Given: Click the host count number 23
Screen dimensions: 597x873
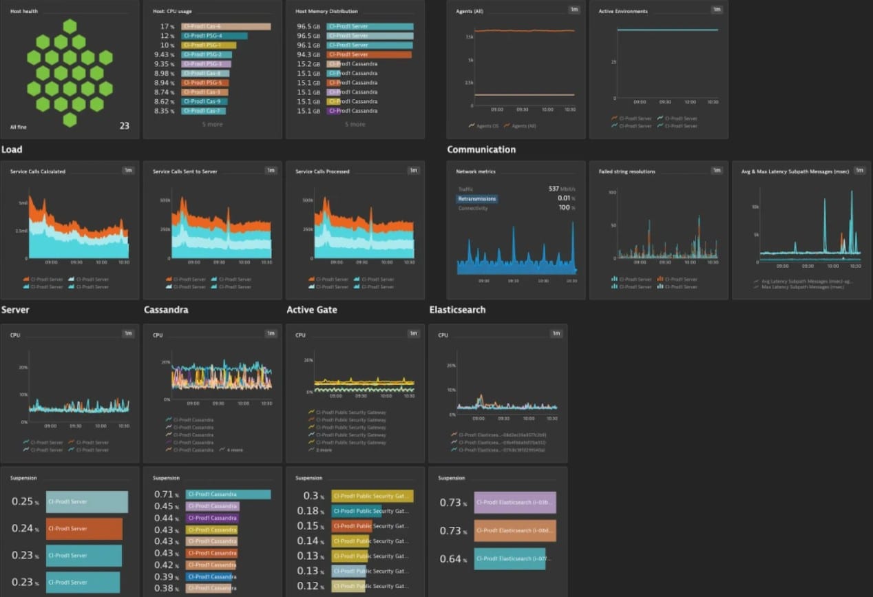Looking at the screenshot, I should [124, 126].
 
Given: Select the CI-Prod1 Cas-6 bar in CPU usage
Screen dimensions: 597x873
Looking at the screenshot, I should [225, 26].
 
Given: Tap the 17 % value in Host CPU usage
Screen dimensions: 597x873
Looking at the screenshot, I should [167, 26].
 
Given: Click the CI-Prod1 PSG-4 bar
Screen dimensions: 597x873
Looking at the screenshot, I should [213, 36].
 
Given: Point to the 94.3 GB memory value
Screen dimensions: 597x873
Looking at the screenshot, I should [308, 54].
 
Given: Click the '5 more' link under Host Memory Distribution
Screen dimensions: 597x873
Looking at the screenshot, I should [355, 125].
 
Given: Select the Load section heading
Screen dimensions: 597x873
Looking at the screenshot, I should [12, 149].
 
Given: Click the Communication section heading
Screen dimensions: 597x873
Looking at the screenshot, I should [481, 149].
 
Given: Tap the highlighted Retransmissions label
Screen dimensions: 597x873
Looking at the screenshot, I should [476, 199].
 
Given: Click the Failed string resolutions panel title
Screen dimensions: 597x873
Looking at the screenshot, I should [627, 171].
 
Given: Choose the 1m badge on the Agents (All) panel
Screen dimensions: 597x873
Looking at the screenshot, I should [574, 10].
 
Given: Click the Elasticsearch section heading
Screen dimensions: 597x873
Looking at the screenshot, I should [456, 310].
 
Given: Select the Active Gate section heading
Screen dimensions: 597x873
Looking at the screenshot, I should [311, 310].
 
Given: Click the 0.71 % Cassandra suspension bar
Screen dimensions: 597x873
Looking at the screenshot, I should [227, 494].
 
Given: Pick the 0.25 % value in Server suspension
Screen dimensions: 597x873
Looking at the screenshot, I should [24, 502].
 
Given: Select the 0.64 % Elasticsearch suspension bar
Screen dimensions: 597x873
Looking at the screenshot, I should [509, 558].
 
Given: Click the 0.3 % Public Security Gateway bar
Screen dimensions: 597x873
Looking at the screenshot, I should [372, 496].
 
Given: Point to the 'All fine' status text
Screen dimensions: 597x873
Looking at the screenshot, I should [19, 127].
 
